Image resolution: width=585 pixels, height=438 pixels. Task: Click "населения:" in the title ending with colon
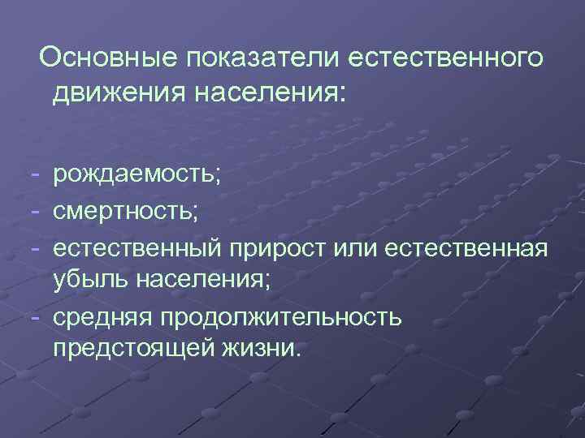pyautogui.click(x=269, y=93)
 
